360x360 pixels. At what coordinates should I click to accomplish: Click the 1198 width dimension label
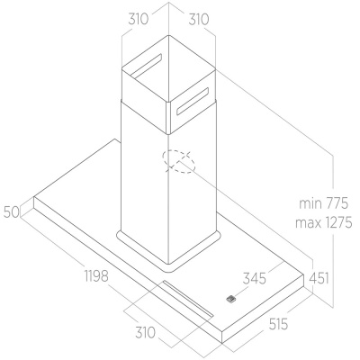point(96,275)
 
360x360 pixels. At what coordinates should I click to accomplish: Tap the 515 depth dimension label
point(278,324)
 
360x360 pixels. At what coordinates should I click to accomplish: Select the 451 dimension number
point(319,278)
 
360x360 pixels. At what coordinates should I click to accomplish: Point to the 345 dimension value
point(255,278)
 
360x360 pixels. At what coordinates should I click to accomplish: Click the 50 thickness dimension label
point(12,212)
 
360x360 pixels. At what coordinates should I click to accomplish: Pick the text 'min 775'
point(324,203)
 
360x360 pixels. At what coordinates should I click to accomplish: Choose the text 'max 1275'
point(324,223)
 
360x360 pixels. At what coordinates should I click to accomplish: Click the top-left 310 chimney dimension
point(139,20)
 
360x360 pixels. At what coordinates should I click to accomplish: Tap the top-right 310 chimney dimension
point(199,20)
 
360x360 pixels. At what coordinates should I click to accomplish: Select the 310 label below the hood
point(145,332)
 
